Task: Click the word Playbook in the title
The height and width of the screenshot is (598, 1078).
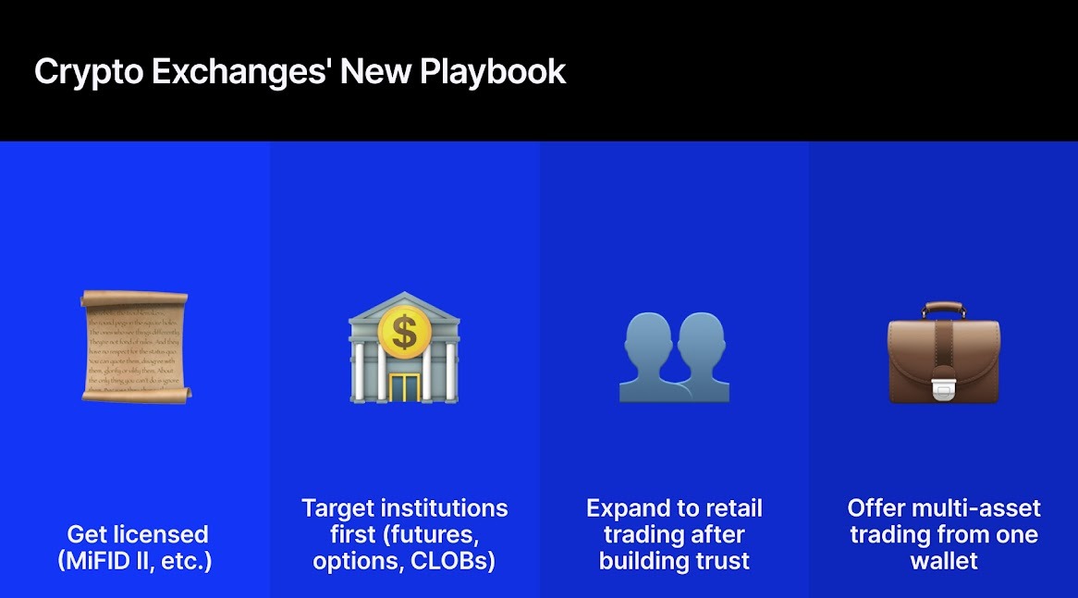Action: click(x=493, y=72)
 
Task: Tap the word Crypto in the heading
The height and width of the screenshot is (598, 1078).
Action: click(x=88, y=72)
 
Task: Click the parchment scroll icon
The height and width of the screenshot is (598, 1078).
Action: click(x=135, y=344)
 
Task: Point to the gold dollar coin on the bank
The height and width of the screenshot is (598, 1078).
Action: click(x=404, y=331)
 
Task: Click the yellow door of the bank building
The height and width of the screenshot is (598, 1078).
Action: click(x=403, y=386)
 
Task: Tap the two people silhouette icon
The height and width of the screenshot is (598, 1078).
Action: click(x=674, y=356)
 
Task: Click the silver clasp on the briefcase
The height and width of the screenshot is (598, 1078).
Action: click(x=943, y=390)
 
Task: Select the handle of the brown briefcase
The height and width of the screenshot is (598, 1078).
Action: click(x=943, y=310)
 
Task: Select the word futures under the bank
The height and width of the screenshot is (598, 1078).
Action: click(x=435, y=534)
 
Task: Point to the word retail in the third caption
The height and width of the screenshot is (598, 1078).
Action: click(x=733, y=508)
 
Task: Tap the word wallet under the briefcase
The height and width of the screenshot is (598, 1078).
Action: click(x=943, y=561)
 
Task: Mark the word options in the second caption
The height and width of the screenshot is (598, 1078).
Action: click(x=351, y=561)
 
